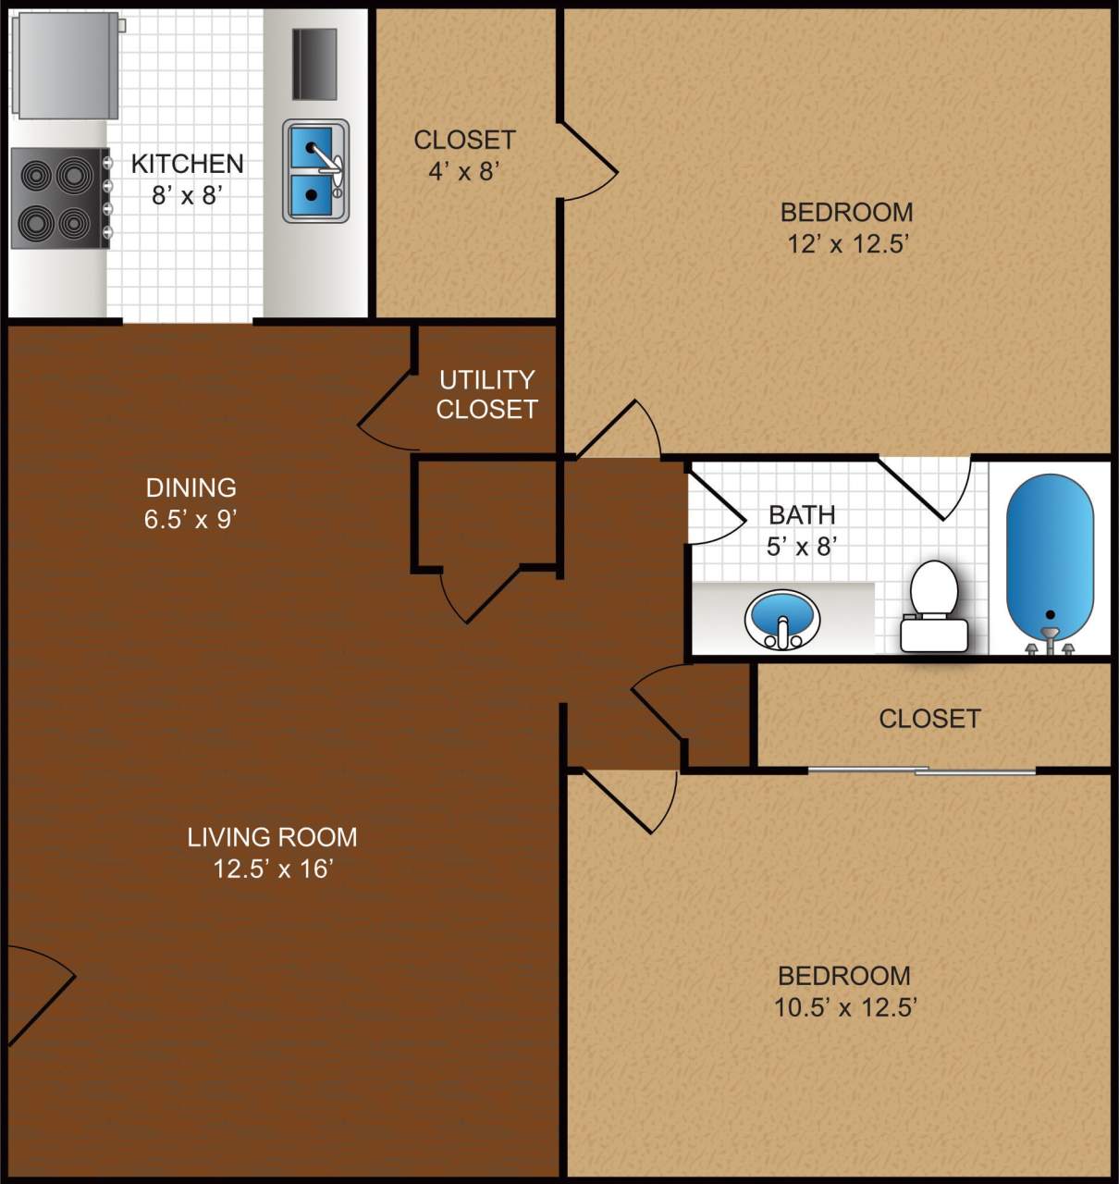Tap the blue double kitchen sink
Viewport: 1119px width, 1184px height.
tap(315, 171)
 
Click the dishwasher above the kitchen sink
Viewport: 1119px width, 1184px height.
tap(314, 64)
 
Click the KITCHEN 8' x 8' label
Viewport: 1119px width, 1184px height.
tap(188, 179)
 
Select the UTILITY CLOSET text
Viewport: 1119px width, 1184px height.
tap(486, 394)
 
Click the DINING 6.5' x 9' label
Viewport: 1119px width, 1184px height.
tap(191, 502)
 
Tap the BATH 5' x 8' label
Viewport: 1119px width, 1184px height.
tap(802, 530)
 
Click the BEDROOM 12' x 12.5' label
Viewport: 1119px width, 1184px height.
tap(846, 228)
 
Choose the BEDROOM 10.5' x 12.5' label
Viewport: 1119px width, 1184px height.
tap(843, 991)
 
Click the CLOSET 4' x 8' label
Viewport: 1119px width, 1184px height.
tap(464, 154)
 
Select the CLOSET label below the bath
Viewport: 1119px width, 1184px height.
tap(929, 719)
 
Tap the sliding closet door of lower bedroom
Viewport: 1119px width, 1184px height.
tap(922, 771)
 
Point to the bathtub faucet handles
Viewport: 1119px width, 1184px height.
tap(1050, 645)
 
